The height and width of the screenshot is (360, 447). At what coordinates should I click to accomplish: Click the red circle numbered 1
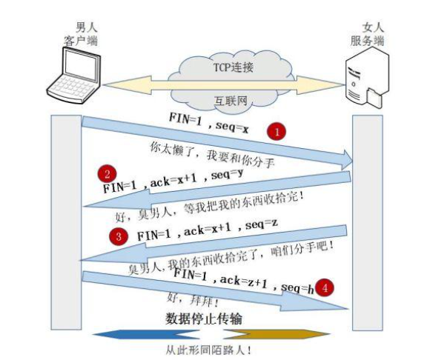(x=277, y=132)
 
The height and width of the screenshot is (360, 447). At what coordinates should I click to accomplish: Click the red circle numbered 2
(x=107, y=175)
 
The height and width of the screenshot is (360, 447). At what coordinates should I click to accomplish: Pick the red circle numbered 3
(x=118, y=237)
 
